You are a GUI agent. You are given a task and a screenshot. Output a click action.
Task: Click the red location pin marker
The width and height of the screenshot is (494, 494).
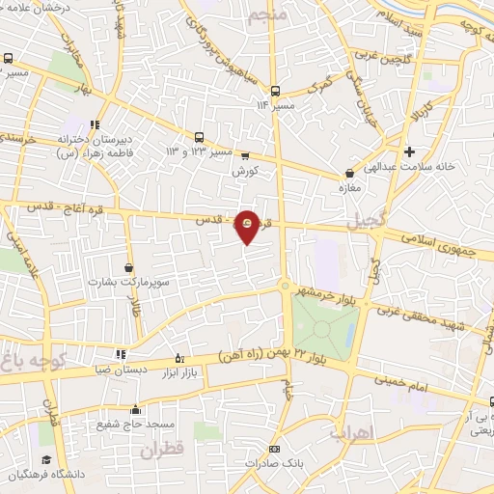[248, 227]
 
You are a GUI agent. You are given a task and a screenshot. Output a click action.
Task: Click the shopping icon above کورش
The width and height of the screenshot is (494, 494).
[244, 156]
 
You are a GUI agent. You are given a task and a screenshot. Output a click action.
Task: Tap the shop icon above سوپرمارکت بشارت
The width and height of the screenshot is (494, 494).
[129, 267]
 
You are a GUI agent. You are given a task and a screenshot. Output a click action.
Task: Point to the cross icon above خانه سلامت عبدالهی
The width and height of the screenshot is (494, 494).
[410, 151]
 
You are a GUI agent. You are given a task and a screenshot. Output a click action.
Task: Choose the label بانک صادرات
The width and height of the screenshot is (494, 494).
[273, 464]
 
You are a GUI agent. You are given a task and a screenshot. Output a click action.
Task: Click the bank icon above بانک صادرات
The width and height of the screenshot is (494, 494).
[274, 450]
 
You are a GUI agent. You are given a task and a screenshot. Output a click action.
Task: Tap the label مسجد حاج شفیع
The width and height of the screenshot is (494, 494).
[134, 424]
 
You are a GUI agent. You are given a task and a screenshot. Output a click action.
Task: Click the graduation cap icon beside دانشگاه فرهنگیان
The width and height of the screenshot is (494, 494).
[45, 460]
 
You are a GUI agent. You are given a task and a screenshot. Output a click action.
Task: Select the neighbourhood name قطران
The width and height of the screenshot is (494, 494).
[161, 450]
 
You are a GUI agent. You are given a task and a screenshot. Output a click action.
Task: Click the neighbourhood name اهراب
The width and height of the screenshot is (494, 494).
[351, 433]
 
